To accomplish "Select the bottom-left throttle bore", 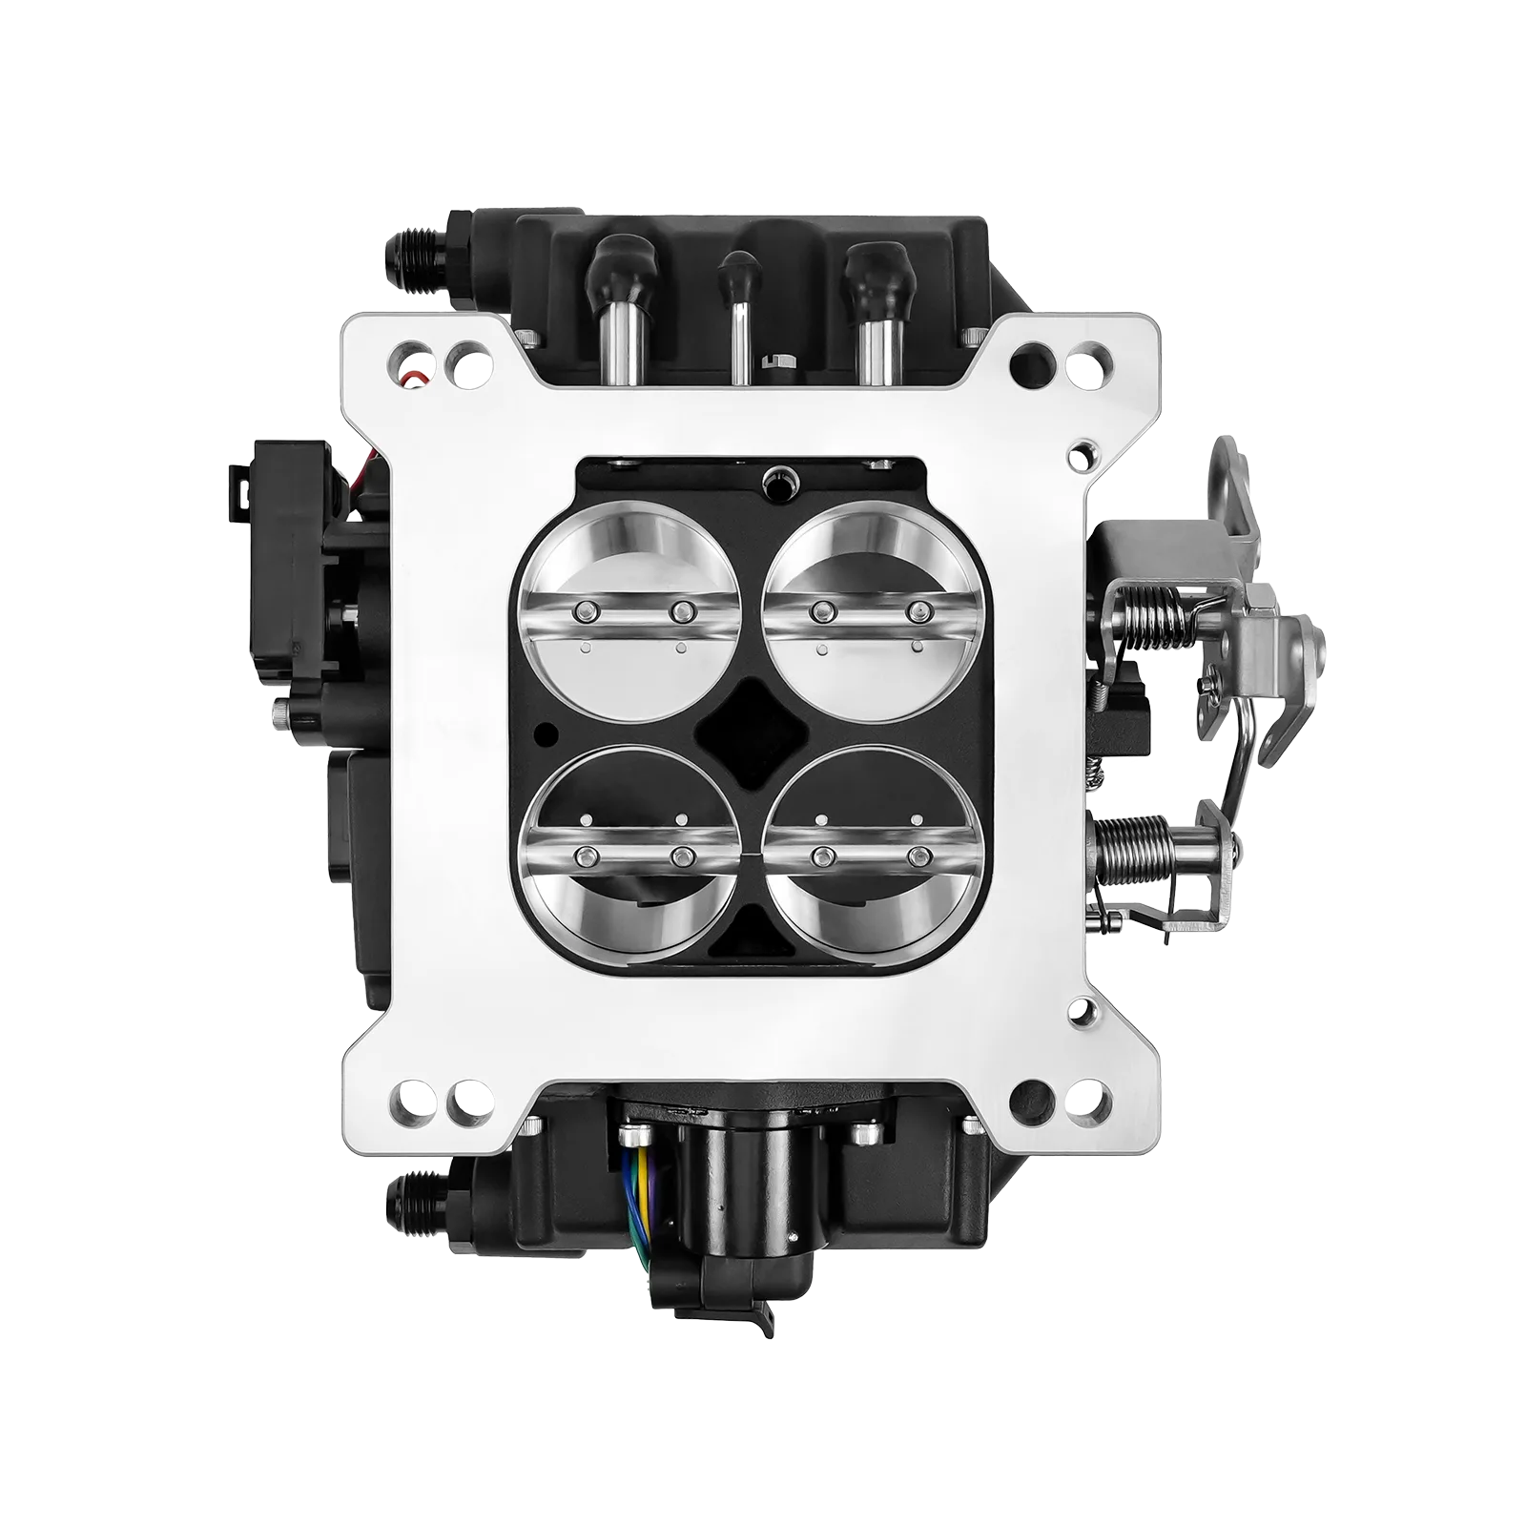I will pos(629,854).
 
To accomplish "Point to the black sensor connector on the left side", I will pos(286,563).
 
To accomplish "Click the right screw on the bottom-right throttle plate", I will pos(918,855).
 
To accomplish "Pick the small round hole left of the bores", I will pos(546,732).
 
